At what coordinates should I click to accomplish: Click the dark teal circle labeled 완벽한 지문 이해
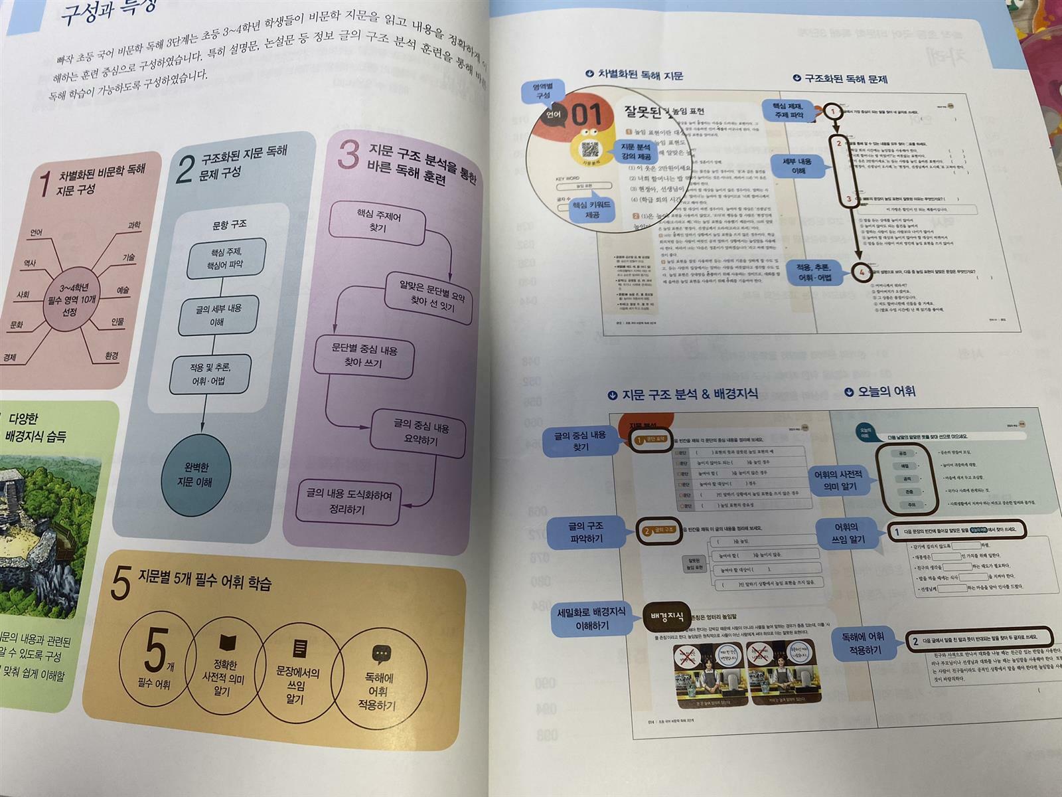[195, 474]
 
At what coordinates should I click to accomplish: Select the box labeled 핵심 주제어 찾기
[378, 222]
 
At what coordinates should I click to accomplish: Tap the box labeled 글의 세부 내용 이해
[218, 315]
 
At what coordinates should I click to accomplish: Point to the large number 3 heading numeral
[348, 154]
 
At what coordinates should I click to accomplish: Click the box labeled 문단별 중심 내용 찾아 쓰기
[364, 356]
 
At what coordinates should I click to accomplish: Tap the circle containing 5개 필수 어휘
[157, 658]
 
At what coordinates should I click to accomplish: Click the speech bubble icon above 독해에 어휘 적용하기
[381, 654]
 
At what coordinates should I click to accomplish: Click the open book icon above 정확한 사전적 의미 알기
[227, 643]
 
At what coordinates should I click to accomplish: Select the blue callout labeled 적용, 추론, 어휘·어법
[814, 272]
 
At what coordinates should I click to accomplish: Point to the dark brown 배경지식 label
[666, 617]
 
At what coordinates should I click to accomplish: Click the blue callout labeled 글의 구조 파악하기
[586, 532]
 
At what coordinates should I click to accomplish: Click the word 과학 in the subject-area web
[134, 225]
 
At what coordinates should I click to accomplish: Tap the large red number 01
[586, 114]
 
